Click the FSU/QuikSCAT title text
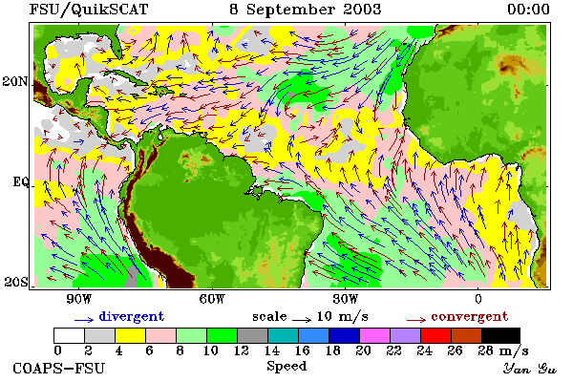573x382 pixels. coord(89,10)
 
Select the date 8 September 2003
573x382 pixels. coord(306,10)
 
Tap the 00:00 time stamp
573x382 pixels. coord(528,10)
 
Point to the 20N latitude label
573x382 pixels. coord(14,81)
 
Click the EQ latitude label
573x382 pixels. coord(20,181)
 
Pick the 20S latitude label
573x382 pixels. coord(15,282)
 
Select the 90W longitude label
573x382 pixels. coord(78,299)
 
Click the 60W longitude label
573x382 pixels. coord(212,299)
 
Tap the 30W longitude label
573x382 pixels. coord(346,299)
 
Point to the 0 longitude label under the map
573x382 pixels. coord(478,299)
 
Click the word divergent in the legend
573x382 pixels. coord(131,316)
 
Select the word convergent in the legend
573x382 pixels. coord(470,316)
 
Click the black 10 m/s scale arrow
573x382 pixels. coord(302,320)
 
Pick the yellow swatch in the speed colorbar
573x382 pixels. coord(131,335)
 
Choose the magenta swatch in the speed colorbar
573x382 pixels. coord(374,335)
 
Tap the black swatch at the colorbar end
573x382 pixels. coord(500,335)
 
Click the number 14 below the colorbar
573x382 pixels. coord(272,350)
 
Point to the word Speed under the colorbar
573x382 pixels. coord(286,367)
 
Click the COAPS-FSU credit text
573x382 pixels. coord(58,368)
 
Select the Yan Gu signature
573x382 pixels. coord(529,369)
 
